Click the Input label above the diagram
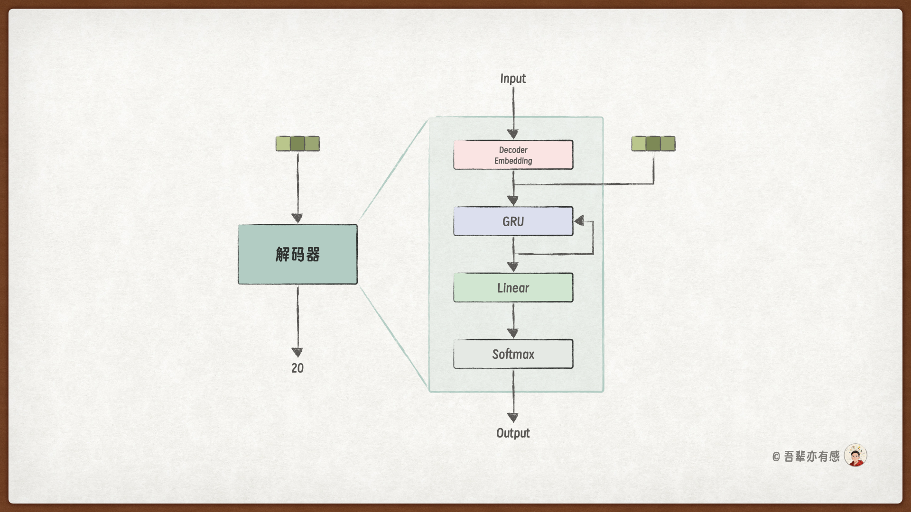[x=513, y=79]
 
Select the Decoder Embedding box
[x=513, y=155]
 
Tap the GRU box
[x=513, y=221]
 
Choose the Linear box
[x=513, y=288]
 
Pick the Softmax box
[x=513, y=354]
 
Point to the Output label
[x=513, y=433]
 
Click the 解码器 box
[x=297, y=255]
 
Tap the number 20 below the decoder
[x=297, y=368]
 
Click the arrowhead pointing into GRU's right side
[x=579, y=220]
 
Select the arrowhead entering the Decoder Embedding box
[x=513, y=134]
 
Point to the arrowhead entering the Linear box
[x=513, y=267]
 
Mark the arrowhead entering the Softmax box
[x=513, y=333]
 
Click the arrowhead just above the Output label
[x=513, y=417]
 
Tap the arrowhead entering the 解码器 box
[x=297, y=218]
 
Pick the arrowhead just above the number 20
[x=297, y=352]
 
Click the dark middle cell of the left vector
[x=297, y=144]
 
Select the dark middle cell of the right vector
[x=653, y=144]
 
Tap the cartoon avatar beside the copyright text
[x=855, y=456]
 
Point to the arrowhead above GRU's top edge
[x=513, y=201]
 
